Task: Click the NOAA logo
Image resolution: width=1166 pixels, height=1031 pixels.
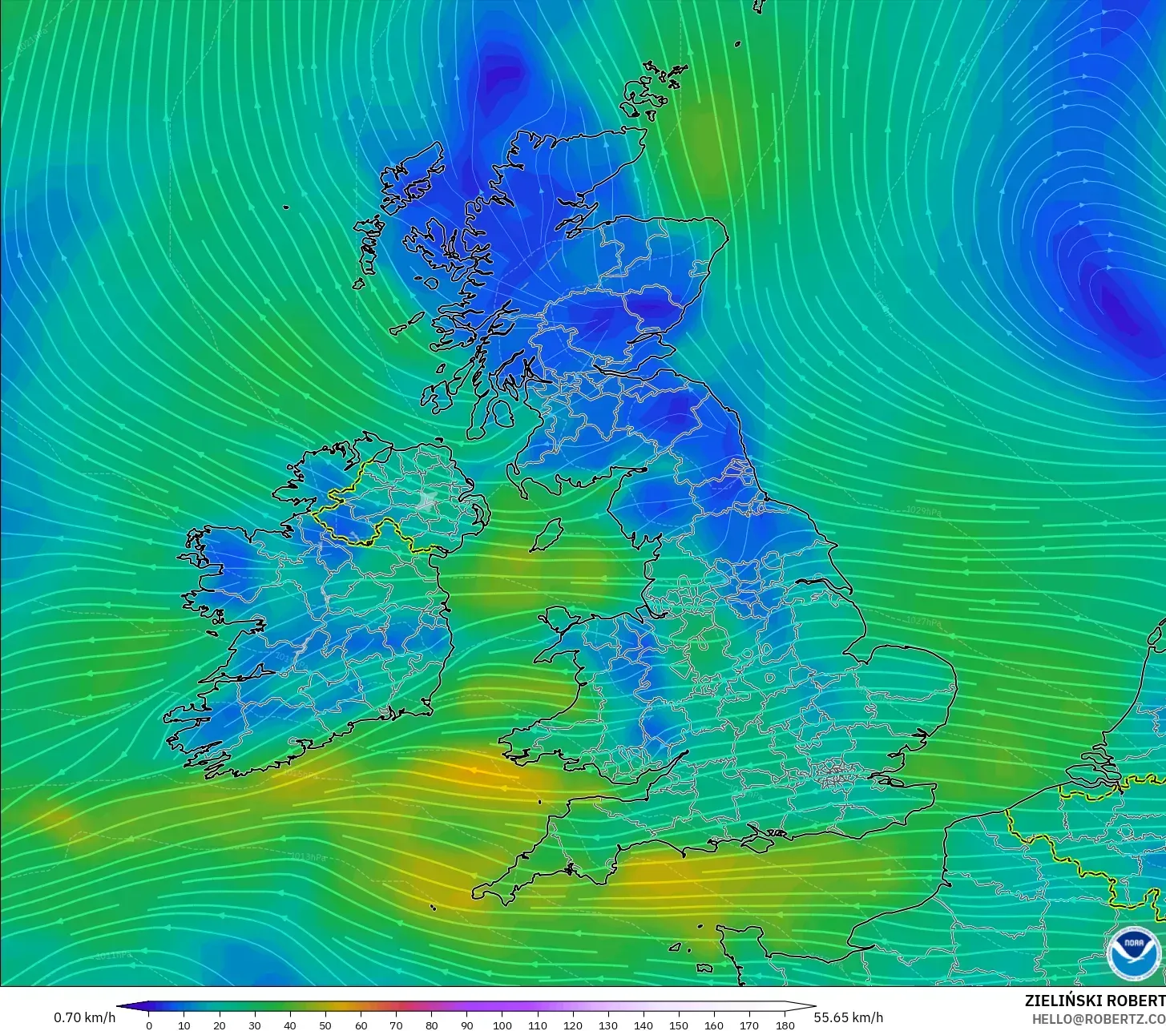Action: (1133, 952)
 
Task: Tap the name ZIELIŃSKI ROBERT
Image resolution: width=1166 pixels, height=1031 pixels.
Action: (1095, 1001)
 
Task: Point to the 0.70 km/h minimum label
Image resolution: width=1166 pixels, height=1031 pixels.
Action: (84, 1017)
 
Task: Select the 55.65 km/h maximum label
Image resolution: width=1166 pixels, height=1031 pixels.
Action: (849, 1017)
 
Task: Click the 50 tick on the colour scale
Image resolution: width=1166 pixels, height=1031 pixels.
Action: (325, 1025)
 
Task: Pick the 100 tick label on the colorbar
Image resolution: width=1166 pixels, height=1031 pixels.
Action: (502, 1025)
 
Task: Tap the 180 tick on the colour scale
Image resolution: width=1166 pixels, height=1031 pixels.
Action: (785, 1025)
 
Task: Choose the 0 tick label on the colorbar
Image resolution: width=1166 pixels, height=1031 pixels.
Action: (148, 1025)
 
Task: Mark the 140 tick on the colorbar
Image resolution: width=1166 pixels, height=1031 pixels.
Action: (644, 1025)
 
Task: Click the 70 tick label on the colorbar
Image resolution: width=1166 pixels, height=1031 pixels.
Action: (396, 1025)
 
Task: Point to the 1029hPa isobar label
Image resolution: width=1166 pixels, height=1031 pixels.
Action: (923, 510)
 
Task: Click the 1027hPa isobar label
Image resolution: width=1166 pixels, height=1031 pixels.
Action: (923, 621)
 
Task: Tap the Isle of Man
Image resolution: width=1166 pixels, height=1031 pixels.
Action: (548, 534)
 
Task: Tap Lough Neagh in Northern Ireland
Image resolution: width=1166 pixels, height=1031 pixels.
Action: (427, 501)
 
